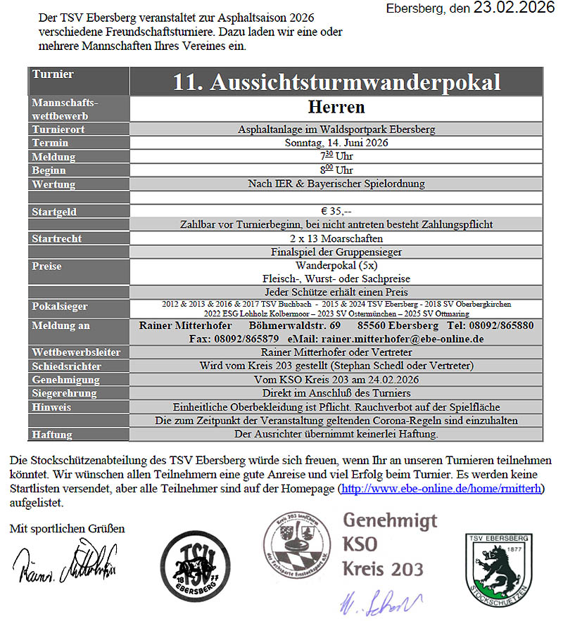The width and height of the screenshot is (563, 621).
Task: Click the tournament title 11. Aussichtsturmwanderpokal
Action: coord(336,82)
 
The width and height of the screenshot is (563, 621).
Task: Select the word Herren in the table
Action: coord(336,108)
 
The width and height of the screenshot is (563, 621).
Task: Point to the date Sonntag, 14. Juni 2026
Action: coord(336,143)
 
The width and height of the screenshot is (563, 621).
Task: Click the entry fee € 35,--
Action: coord(336,211)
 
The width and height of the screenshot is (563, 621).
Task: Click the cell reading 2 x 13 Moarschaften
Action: coord(336,238)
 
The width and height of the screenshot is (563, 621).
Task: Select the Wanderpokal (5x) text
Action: coord(336,266)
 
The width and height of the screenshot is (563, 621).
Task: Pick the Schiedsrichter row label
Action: coord(66,366)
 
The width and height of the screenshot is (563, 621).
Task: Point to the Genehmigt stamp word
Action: coord(390,521)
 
